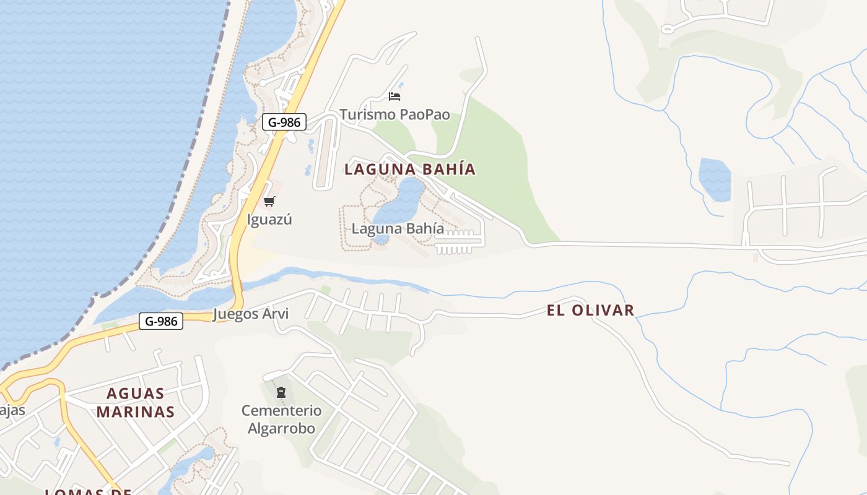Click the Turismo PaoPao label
394,115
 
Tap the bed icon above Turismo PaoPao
394,96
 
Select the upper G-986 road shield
284,122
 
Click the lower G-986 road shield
161,321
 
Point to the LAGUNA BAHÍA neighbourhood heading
410,169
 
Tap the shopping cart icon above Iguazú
269,201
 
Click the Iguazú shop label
269,220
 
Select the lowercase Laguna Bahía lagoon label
398,228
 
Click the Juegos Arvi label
251,314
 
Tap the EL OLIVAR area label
591,310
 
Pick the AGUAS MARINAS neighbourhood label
136,402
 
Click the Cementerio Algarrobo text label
281,419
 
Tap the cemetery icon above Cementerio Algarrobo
281,392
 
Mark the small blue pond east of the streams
715,179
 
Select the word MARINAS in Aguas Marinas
136,411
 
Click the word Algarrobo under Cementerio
281,428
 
